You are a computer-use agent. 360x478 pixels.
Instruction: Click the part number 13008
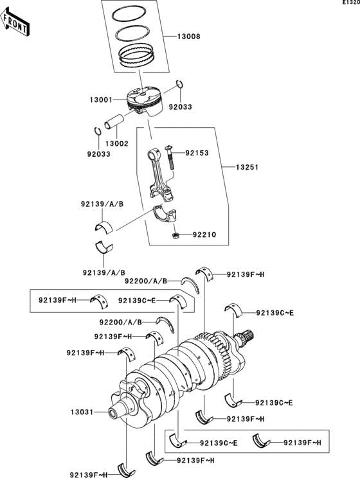[x=188, y=37]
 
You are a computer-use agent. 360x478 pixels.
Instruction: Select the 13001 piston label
[x=102, y=100]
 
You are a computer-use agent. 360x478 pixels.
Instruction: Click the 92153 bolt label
[x=199, y=154]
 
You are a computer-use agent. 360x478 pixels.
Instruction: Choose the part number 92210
[x=204, y=235]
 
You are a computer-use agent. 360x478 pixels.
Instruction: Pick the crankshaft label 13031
[x=82, y=412]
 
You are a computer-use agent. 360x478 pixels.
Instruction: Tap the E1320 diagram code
[x=350, y=3]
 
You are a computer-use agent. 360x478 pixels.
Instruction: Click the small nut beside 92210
[x=175, y=236]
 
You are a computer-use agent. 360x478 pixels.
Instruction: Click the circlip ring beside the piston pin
[x=97, y=131]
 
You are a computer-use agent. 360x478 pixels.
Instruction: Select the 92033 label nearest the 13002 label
[x=98, y=154]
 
